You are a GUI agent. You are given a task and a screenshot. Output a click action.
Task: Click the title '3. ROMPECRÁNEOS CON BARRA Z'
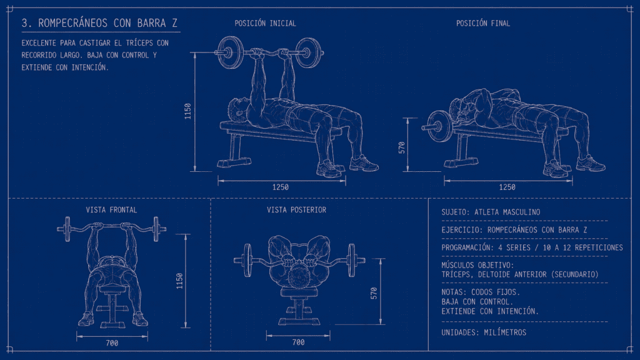100,23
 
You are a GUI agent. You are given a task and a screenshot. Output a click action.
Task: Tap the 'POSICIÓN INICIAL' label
265,23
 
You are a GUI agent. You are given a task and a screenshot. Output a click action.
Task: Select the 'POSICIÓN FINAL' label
483,23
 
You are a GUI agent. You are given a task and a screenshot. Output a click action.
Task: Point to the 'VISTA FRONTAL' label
111,210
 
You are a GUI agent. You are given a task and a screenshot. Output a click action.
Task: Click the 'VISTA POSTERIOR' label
296,210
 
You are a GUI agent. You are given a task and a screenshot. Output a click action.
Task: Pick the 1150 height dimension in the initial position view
187,111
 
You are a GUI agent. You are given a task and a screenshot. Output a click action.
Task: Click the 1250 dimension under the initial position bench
281,187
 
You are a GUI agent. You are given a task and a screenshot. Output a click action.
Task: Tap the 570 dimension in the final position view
402,147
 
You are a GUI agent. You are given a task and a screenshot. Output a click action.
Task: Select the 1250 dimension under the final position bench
507,187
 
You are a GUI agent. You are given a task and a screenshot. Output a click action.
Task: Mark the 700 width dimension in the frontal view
112,343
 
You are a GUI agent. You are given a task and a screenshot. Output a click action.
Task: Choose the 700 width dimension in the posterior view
298,342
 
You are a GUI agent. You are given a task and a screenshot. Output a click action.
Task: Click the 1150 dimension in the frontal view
179,281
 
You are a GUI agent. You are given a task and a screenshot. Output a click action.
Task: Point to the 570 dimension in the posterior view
374,293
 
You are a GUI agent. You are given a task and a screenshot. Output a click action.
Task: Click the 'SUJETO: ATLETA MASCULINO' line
491,212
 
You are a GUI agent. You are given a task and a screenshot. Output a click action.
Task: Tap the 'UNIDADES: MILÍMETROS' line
484,332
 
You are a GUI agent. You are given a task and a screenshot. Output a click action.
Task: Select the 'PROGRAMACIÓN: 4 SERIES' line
532,247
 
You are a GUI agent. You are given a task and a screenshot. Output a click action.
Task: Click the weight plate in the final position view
439,126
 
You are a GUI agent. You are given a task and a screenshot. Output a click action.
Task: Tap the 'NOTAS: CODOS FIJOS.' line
481,292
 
